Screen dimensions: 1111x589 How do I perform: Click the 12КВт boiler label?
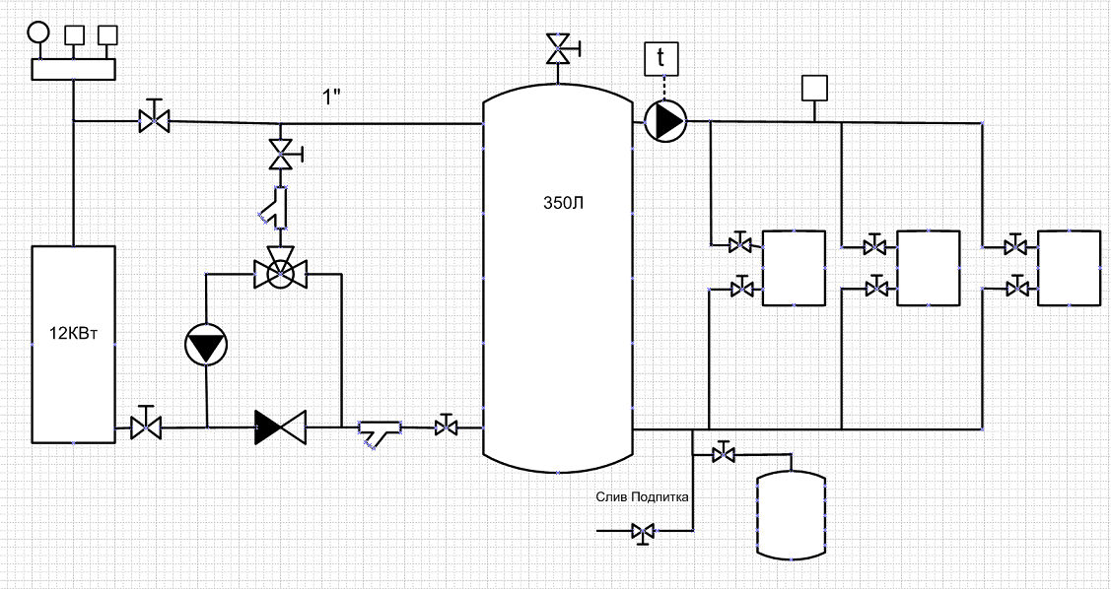point(74,334)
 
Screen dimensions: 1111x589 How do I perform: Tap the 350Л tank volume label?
point(563,204)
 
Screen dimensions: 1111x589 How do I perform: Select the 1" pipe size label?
point(332,98)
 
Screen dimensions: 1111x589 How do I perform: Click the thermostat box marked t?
point(661,59)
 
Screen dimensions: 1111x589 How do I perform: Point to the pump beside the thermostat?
point(665,122)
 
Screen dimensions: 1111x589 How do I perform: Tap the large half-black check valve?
point(281,426)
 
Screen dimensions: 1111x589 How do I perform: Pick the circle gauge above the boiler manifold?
point(38,33)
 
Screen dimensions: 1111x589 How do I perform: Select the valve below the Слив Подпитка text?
point(644,532)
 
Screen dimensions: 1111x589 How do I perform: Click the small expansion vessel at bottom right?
point(792,515)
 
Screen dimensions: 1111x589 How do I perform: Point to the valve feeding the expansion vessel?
point(723,453)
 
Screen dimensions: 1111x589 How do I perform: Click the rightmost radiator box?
point(1070,268)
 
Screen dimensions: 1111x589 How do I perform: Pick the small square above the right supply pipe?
point(815,88)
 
